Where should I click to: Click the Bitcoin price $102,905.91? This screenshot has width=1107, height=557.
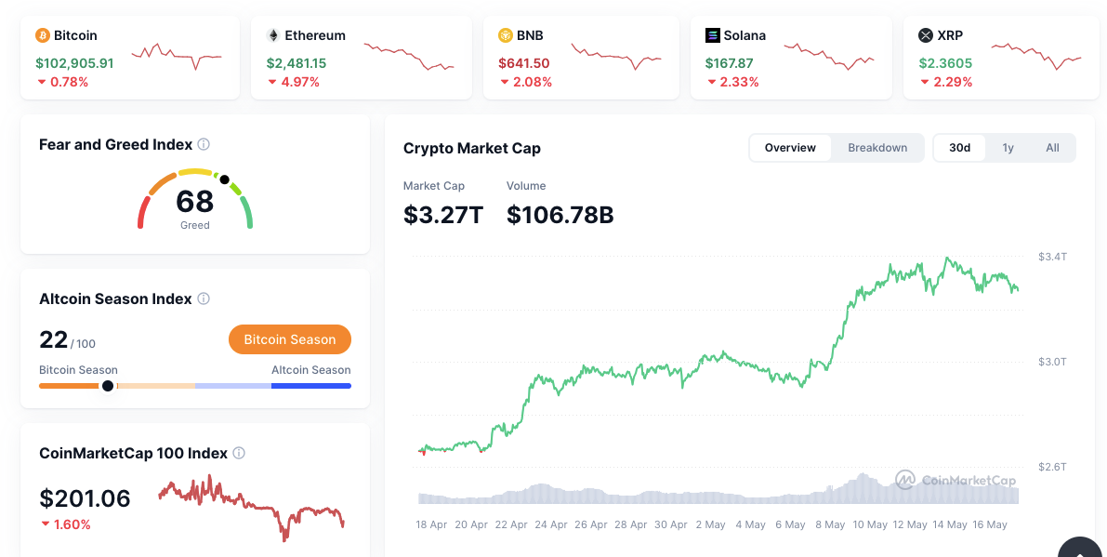click(x=74, y=63)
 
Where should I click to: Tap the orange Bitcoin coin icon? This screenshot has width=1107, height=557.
click(x=42, y=35)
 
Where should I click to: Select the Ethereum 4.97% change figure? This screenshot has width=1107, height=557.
click(x=300, y=82)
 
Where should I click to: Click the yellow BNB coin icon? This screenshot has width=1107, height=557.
click(x=506, y=35)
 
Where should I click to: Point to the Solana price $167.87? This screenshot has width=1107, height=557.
click(x=730, y=63)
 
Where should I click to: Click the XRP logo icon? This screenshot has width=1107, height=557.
click(x=925, y=35)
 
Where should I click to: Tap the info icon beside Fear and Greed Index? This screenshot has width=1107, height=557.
click(x=204, y=145)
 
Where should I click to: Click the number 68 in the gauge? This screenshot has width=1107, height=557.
click(x=194, y=201)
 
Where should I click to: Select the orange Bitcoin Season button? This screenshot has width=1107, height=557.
click(x=289, y=339)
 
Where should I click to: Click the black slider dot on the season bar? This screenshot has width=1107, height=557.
click(x=108, y=385)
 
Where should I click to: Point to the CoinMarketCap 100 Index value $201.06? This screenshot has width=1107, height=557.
click(x=85, y=498)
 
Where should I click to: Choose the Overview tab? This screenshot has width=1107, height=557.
click(x=790, y=148)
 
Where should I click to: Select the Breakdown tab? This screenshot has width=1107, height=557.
click(x=877, y=148)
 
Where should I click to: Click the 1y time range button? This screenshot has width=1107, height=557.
click(x=1008, y=148)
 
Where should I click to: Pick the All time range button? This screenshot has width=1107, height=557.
click(x=1052, y=148)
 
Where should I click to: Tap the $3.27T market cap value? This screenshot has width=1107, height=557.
click(x=443, y=215)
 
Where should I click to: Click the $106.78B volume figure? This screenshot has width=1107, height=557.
click(x=560, y=215)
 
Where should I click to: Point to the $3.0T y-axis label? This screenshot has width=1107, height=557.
click(x=1052, y=361)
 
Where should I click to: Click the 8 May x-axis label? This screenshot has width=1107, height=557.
click(x=830, y=524)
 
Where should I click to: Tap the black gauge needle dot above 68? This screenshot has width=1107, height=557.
click(x=224, y=179)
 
